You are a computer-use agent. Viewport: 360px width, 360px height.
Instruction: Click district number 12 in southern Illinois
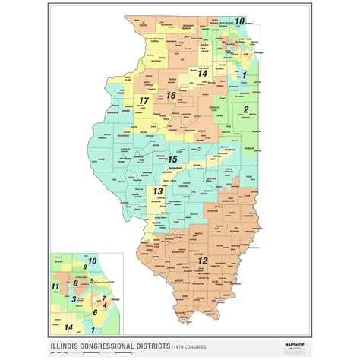tap(202, 261)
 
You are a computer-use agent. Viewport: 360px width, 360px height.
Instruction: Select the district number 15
tap(173, 159)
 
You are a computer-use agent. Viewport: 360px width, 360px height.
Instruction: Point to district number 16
tap(171, 95)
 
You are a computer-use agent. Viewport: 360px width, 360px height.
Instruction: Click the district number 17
tap(143, 101)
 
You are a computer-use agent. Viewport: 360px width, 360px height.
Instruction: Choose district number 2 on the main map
tap(245, 110)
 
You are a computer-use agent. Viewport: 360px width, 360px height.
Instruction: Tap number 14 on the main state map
tap(203, 74)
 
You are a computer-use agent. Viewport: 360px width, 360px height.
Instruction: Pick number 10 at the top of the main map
tap(239, 21)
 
